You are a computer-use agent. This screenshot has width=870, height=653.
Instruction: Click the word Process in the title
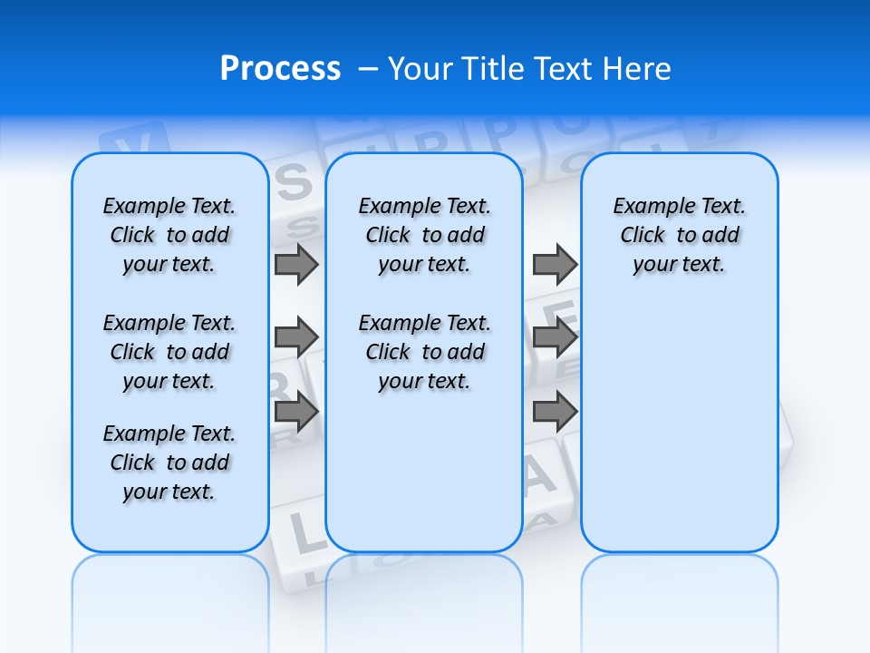(280, 69)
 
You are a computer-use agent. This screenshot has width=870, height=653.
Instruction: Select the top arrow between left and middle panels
(296, 264)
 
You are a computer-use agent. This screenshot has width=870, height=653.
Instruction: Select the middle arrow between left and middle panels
(296, 337)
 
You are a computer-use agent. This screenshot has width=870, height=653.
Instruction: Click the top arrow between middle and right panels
(555, 264)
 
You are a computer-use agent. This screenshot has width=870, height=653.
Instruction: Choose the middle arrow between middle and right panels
(555, 337)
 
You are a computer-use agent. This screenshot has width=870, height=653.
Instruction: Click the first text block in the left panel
(169, 235)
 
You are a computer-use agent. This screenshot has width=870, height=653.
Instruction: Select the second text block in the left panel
(169, 352)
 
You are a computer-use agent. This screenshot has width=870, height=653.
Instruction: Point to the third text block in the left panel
(169, 463)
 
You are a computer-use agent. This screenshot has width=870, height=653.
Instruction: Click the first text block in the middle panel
(424, 235)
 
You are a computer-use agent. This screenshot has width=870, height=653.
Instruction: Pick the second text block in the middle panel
(424, 352)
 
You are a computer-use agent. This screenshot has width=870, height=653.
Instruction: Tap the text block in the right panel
(679, 235)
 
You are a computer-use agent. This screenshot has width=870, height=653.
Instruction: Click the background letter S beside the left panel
(293, 184)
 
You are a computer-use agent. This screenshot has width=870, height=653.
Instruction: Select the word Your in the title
(420, 69)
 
